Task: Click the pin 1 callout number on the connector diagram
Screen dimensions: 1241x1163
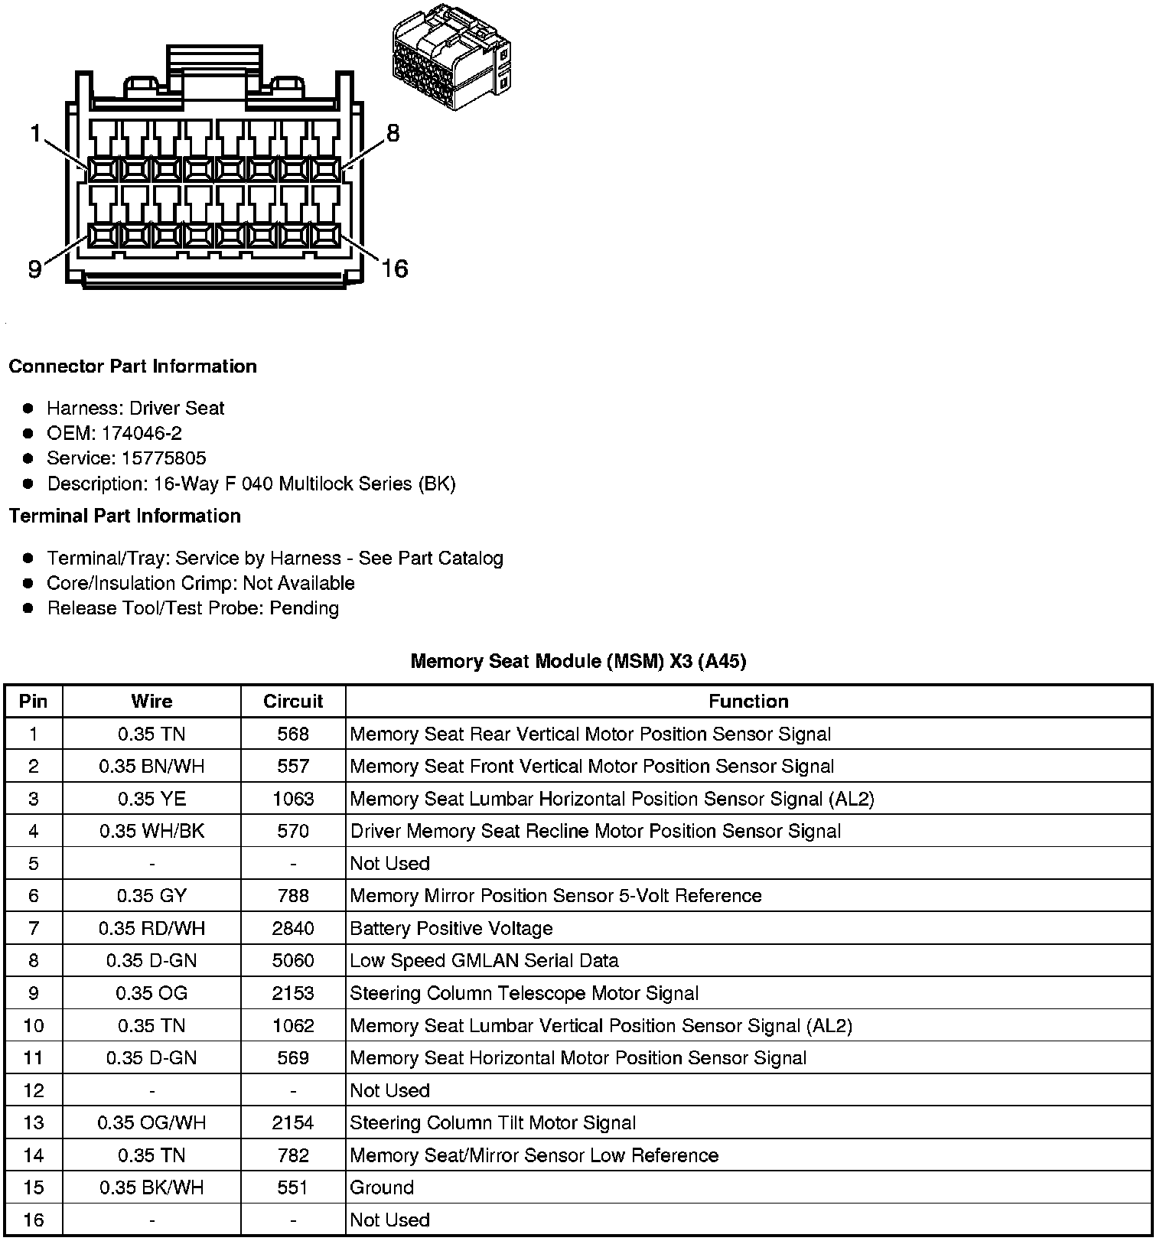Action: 34,135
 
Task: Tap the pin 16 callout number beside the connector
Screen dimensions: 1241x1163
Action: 395,269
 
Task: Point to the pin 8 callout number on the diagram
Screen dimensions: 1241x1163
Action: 393,134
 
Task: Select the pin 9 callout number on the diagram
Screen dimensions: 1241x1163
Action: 34,269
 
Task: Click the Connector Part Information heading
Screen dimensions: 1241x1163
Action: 132,366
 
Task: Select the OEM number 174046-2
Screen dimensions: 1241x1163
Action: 142,434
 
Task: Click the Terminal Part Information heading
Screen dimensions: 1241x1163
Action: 125,516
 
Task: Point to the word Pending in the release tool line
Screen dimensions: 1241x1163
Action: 304,608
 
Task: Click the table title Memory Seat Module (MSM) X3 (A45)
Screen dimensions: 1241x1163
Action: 578,661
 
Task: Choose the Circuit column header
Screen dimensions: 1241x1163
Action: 293,702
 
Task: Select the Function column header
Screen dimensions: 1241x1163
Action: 748,702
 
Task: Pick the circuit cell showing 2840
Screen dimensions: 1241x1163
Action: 293,929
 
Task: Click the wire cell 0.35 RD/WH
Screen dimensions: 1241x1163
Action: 151,929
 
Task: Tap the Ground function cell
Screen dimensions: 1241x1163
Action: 382,1187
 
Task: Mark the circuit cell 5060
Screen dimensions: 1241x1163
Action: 293,961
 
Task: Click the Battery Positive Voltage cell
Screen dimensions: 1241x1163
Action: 451,929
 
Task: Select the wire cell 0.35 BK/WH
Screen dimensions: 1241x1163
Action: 151,1187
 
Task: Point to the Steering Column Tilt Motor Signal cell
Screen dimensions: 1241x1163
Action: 493,1123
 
